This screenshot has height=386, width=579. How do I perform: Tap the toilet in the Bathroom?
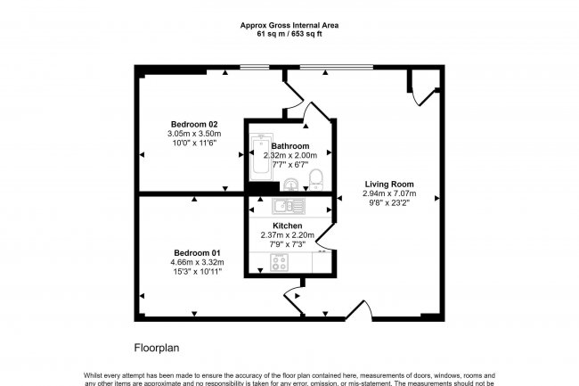pos(314,182)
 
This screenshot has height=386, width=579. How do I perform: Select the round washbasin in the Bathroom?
pos(290,185)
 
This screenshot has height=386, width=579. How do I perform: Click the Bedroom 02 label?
pos(193,124)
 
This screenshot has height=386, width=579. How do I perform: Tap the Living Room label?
pos(388,185)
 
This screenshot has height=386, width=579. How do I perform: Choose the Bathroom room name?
pos(290,146)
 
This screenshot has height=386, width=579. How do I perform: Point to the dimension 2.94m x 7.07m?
pos(388,194)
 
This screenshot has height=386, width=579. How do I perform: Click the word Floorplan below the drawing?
pos(159,346)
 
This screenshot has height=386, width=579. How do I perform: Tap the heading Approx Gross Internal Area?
pos(289,26)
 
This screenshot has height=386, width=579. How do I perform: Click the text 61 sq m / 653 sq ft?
pos(289,35)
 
